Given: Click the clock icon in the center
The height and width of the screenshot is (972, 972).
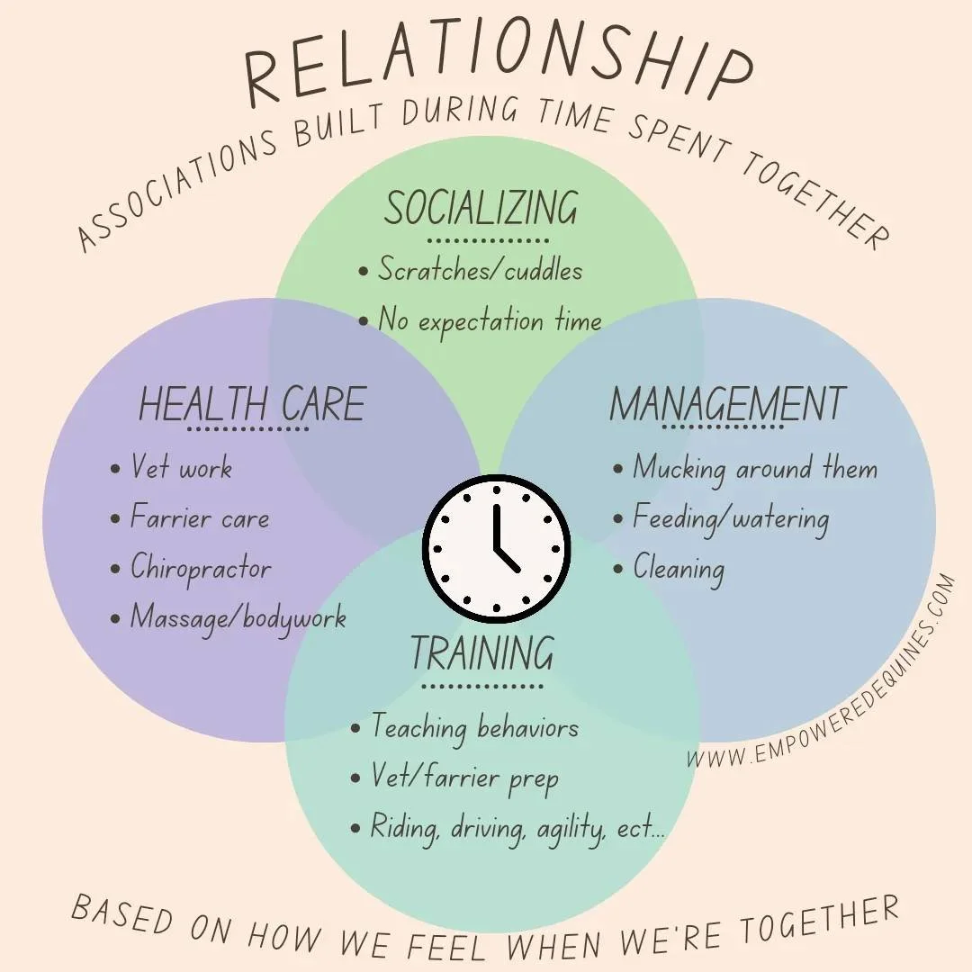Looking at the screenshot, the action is (x=496, y=548).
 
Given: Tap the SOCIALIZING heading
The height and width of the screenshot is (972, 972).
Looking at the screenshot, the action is (x=481, y=209).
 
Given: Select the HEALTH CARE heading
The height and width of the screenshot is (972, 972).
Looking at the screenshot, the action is (x=251, y=404).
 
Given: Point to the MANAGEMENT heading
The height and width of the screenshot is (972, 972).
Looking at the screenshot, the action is (x=727, y=404).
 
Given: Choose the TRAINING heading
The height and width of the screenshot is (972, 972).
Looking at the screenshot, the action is (x=481, y=653).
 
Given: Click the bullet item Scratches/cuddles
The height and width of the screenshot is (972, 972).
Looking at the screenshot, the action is (x=479, y=270).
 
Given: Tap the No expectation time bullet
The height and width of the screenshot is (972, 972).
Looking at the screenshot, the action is (x=489, y=320).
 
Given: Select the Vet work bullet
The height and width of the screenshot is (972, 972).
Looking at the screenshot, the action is (x=181, y=468).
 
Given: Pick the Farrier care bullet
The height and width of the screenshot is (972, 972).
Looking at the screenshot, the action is (x=199, y=518).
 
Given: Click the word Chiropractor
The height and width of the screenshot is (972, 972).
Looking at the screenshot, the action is (x=200, y=568).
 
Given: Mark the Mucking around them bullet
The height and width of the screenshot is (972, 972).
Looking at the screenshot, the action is (x=754, y=468).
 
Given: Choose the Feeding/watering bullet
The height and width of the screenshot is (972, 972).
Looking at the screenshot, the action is (x=730, y=518).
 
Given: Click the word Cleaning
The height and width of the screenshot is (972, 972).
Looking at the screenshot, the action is (x=678, y=568).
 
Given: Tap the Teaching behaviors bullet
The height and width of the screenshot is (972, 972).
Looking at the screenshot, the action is (x=474, y=727).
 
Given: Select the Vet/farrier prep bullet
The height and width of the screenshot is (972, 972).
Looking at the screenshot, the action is (x=464, y=777).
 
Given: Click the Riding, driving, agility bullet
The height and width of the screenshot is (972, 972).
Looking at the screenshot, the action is (x=517, y=828).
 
